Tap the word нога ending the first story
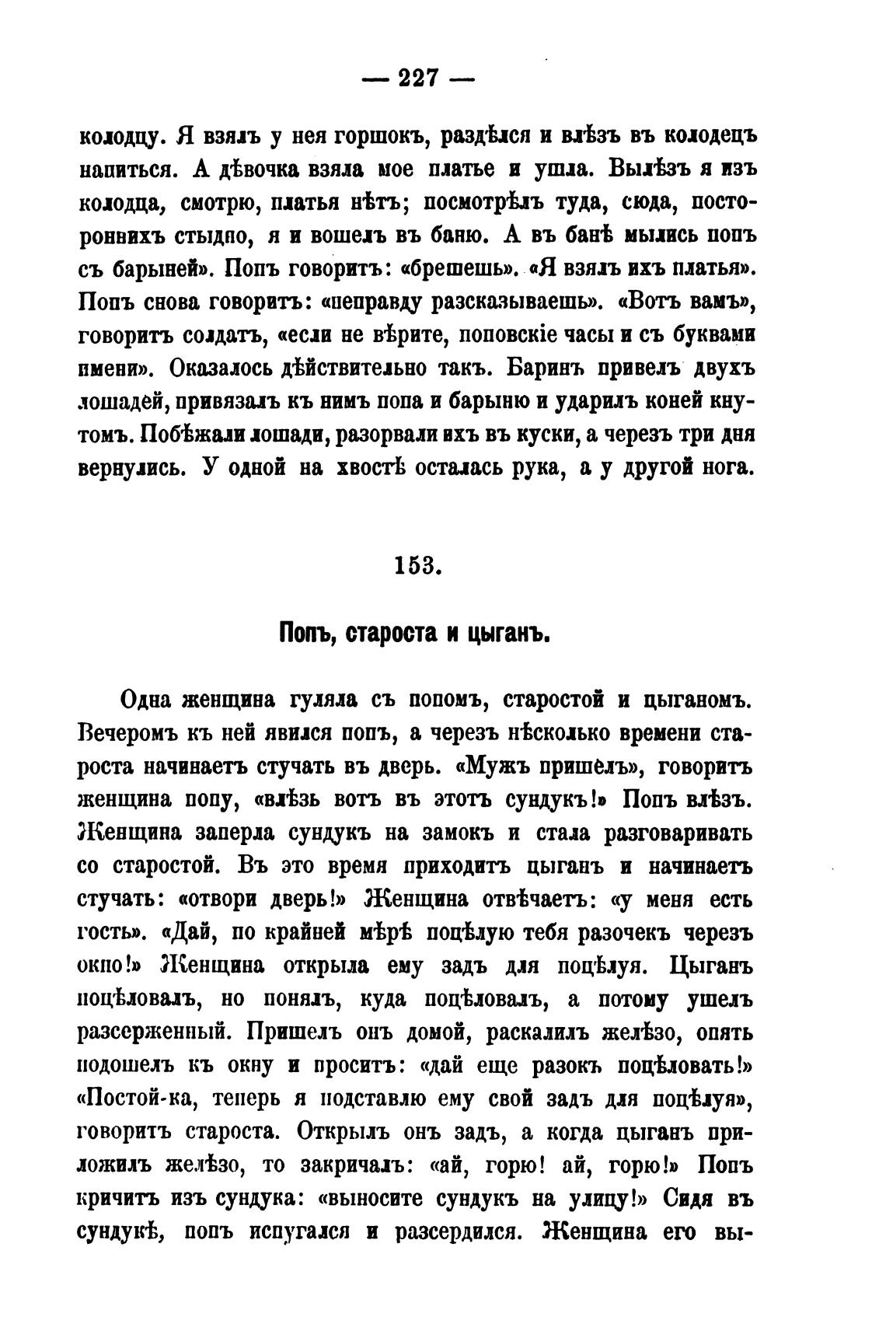[727, 468]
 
